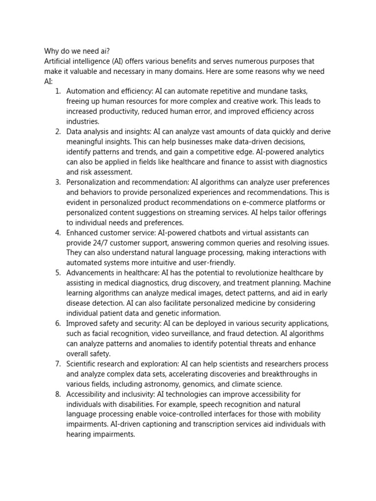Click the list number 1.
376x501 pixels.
pyautogui.click(x=57, y=91)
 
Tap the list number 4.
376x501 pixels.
pyautogui.click(x=57, y=232)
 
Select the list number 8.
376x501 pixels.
pyautogui.click(x=57, y=394)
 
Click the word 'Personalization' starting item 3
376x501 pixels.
pyautogui.click(x=92, y=182)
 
